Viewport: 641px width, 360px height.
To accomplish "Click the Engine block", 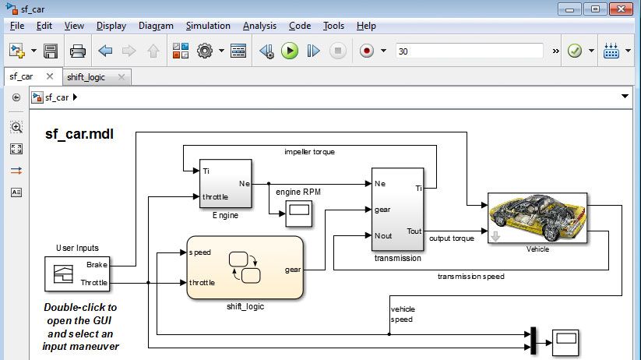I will tap(226, 184).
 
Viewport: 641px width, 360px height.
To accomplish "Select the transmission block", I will tap(397, 209).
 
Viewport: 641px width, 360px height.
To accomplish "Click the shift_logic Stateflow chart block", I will tap(244, 267).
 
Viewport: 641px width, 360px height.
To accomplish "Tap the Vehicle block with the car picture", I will tap(537, 217).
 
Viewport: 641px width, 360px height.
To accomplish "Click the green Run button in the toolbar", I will tap(290, 51).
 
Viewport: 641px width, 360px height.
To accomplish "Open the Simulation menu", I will tap(208, 26).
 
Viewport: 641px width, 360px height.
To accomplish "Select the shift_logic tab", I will tap(86, 77).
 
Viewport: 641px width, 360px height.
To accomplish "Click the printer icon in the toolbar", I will tap(78, 51).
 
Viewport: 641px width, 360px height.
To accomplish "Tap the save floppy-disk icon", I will tap(51, 51).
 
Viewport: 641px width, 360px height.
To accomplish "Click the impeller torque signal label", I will tap(309, 152).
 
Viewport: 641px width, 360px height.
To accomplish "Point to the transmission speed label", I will tap(470, 276).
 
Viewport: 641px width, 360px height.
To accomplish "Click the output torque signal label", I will tap(452, 238).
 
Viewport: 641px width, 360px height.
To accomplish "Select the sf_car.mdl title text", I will tap(79, 134).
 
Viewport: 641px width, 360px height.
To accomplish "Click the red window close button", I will tap(621, 9).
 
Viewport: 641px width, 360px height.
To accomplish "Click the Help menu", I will tap(366, 26).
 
